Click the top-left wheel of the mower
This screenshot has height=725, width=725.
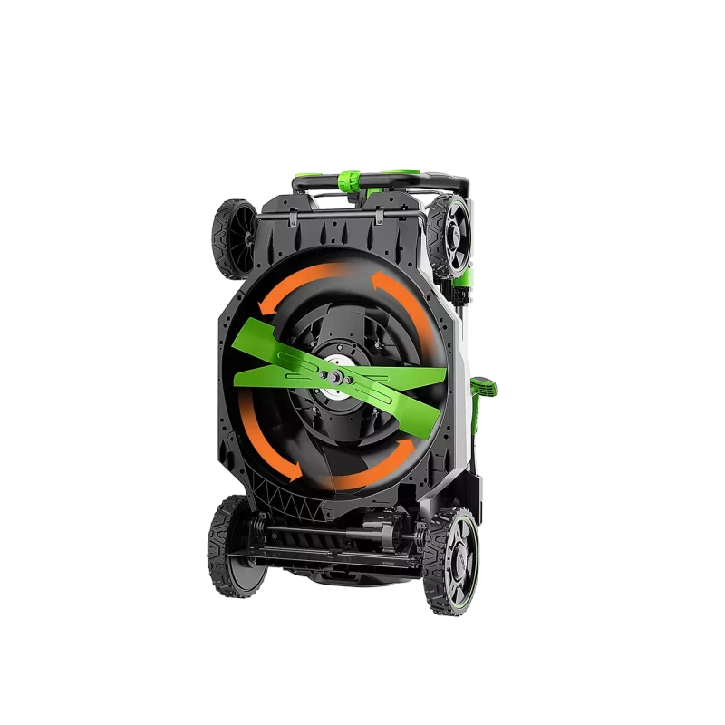pyautogui.click(x=234, y=238)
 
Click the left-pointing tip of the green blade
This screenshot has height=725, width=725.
pyautogui.click(x=237, y=380)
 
